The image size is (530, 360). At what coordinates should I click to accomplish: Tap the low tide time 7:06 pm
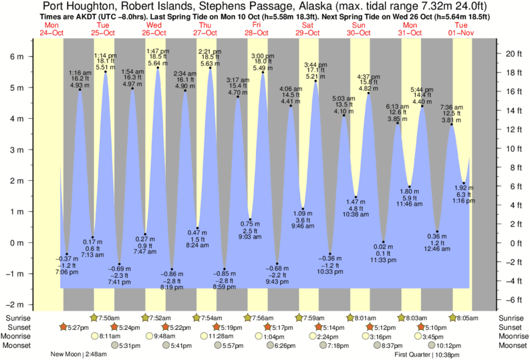pyautogui.click(x=66, y=272)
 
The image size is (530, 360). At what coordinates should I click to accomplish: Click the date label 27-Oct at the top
pyautogui.click(x=205, y=32)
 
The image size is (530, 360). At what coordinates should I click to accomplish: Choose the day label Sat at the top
pyautogui.click(x=307, y=25)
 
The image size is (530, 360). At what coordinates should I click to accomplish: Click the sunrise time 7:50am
pyautogui.click(x=109, y=318)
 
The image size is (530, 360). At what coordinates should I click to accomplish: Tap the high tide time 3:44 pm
pyautogui.click(x=315, y=64)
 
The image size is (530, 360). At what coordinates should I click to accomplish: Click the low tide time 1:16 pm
pyautogui.click(x=464, y=200)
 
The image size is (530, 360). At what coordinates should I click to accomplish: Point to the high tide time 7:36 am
pyautogui.click(x=451, y=106)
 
